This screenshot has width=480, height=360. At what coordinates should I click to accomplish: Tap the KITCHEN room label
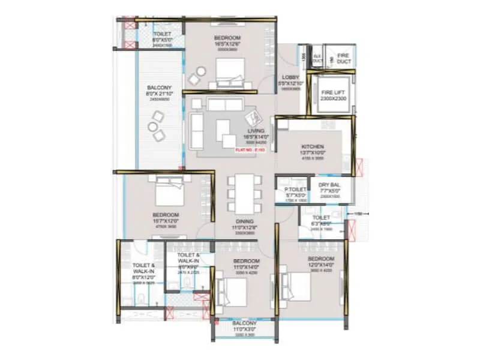tap(312, 147)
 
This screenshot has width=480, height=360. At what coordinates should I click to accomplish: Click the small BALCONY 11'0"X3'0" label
tap(244, 327)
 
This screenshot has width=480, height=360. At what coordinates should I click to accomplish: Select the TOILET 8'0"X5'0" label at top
tap(162, 37)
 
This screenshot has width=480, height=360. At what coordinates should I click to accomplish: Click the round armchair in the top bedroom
tap(196, 79)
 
